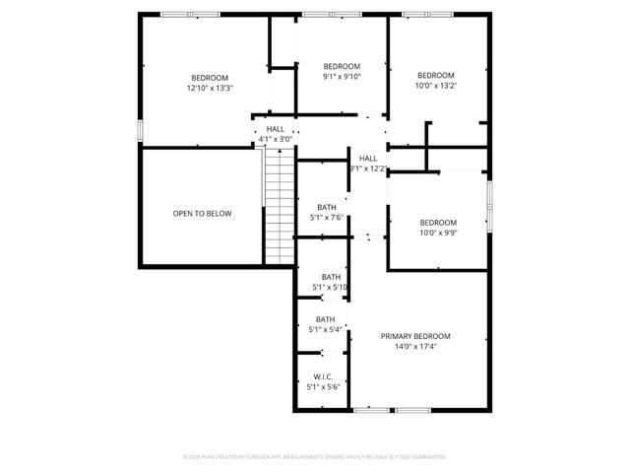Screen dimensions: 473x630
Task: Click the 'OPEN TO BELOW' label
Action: [202, 213]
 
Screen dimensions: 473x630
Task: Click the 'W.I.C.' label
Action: [323, 377]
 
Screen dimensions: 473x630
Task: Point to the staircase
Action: [280, 207]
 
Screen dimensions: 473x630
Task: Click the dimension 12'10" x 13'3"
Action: [210, 89]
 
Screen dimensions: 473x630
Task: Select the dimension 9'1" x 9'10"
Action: [343, 76]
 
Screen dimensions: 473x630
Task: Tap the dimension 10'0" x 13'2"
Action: [436, 86]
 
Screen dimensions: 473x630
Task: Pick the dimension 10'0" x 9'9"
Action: [438, 233]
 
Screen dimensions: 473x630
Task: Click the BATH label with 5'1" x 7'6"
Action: [327, 207]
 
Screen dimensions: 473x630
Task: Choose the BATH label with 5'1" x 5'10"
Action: [331, 277]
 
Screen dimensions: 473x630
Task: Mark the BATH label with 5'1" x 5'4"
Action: [325, 319]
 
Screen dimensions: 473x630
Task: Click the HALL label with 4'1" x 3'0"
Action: [276, 129]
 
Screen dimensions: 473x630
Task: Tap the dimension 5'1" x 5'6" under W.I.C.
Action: [323, 387]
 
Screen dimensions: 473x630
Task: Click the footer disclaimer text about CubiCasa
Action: [315, 457]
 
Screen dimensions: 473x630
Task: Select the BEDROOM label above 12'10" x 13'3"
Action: [210, 78]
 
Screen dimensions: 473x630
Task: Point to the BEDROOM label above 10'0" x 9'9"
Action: [438, 222]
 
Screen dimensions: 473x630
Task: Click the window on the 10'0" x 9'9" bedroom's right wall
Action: [489, 204]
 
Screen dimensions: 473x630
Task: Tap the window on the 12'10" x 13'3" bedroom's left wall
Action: [141, 130]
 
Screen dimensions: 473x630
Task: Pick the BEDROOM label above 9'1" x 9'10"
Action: [343, 65]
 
